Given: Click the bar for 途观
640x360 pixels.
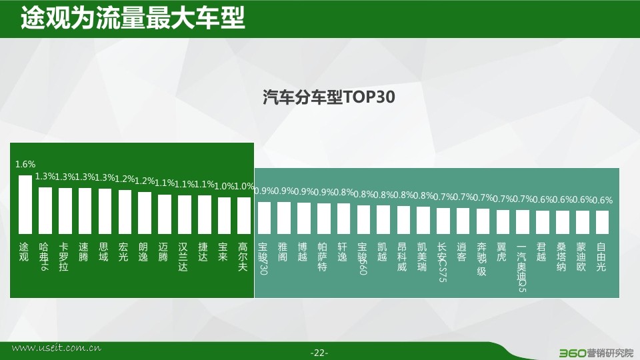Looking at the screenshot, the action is [x=25, y=205].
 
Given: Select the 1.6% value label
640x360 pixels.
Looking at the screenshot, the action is [x=25, y=164].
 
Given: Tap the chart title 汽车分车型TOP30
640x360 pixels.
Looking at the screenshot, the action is [x=329, y=97].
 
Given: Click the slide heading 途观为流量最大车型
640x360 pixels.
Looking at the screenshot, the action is [x=133, y=17].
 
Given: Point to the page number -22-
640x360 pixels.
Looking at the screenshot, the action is [x=319, y=353].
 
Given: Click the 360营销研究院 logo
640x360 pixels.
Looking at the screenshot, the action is [x=596, y=353].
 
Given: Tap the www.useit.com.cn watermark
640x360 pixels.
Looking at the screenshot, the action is [x=56, y=348].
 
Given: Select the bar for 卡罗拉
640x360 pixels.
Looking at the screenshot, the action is [x=65, y=211].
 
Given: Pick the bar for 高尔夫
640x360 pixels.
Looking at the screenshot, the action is [x=244, y=215].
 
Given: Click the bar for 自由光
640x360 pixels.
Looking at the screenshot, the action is [x=603, y=222].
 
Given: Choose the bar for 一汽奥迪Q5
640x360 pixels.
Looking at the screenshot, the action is [x=523, y=222].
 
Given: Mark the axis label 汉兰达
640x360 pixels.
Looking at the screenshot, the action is [x=183, y=257].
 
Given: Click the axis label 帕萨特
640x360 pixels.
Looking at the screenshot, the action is [x=323, y=257].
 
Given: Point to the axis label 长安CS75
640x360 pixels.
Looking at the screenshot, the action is [x=442, y=262].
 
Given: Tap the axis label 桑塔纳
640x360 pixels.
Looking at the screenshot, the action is [x=561, y=257].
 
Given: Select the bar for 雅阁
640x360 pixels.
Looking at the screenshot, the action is [x=284, y=218].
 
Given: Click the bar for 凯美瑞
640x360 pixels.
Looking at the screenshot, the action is [x=423, y=221].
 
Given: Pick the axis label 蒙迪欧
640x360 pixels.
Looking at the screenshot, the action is [x=581, y=257].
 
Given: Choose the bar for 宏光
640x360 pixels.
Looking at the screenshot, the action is [x=125, y=212].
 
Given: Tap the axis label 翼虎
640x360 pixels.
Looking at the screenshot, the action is [x=501, y=252].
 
